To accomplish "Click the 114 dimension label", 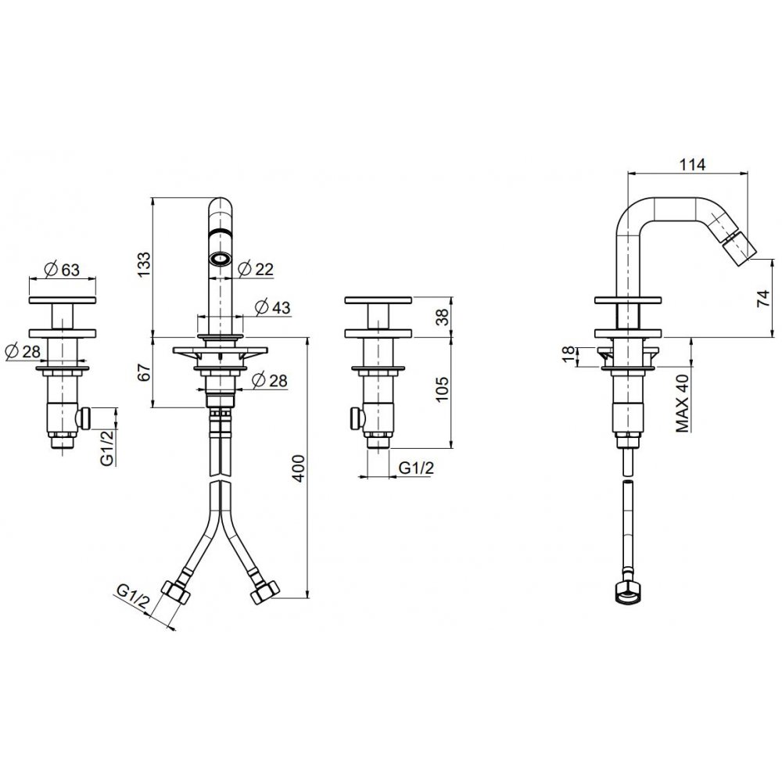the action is [692, 164].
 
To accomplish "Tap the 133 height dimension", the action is [144, 265].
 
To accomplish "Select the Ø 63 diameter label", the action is [62, 269].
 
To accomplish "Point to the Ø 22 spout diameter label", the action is [256, 269].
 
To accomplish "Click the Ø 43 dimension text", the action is [272, 307].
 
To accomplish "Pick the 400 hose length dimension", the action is [298, 468].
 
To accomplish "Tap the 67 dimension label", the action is [144, 372].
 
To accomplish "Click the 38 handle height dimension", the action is [442, 317].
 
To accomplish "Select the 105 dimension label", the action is [442, 389].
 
